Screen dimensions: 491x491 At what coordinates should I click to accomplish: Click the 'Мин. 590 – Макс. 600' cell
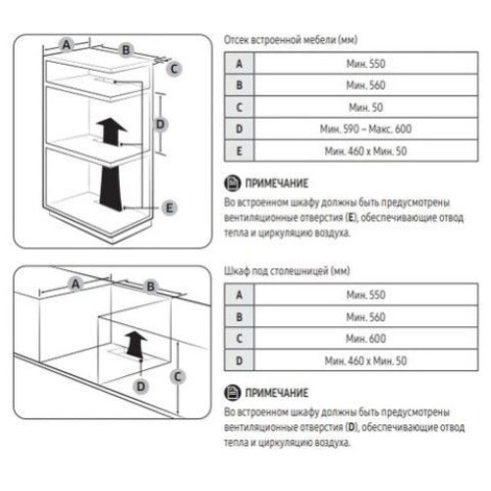pyautogui.click(x=365, y=129)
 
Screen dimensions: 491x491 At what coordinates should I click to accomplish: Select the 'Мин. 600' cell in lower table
pyautogui.click(x=365, y=339)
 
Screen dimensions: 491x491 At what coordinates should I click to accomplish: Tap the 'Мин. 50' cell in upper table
pyautogui.click(x=365, y=107)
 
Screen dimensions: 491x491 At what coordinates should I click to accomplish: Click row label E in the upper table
pyautogui.click(x=240, y=151)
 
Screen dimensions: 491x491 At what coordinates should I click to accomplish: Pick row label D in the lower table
pyautogui.click(x=240, y=360)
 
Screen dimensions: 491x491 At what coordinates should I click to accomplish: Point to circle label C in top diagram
pyautogui.click(x=174, y=69)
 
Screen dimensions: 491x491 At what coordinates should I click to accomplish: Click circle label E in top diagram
pyautogui.click(x=169, y=208)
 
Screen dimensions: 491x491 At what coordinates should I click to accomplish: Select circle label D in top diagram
pyautogui.click(x=160, y=125)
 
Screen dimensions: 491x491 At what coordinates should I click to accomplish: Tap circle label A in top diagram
pyautogui.click(x=67, y=44)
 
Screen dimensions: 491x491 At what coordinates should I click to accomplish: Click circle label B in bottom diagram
pyautogui.click(x=150, y=287)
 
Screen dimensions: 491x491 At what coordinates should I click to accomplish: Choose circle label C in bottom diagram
pyautogui.click(x=178, y=376)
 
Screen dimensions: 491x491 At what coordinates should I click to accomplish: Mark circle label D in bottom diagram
pyautogui.click(x=140, y=387)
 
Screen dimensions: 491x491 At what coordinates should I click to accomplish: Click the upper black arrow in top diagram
pyautogui.click(x=111, y=132)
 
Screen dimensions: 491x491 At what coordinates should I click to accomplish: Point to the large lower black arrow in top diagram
pyautogui.click(x=111, y=188)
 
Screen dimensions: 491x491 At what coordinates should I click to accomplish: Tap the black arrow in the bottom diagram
pyautogui.click(x=136, y=344)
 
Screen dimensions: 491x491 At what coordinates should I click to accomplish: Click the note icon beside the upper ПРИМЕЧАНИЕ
pyautogui.click(x=233, y=183)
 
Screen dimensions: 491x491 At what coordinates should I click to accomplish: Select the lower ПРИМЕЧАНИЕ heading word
pyautogui.click(x=277, y=393)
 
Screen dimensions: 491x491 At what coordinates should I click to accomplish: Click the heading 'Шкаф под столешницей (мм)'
pyautogui.click(x=287, y=271)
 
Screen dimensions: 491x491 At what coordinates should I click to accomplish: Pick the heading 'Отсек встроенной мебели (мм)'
pyautogui.click(x=291, y=40)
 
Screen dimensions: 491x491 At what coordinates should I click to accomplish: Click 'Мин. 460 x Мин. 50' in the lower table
pyautogui.click(x=365, y=360)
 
